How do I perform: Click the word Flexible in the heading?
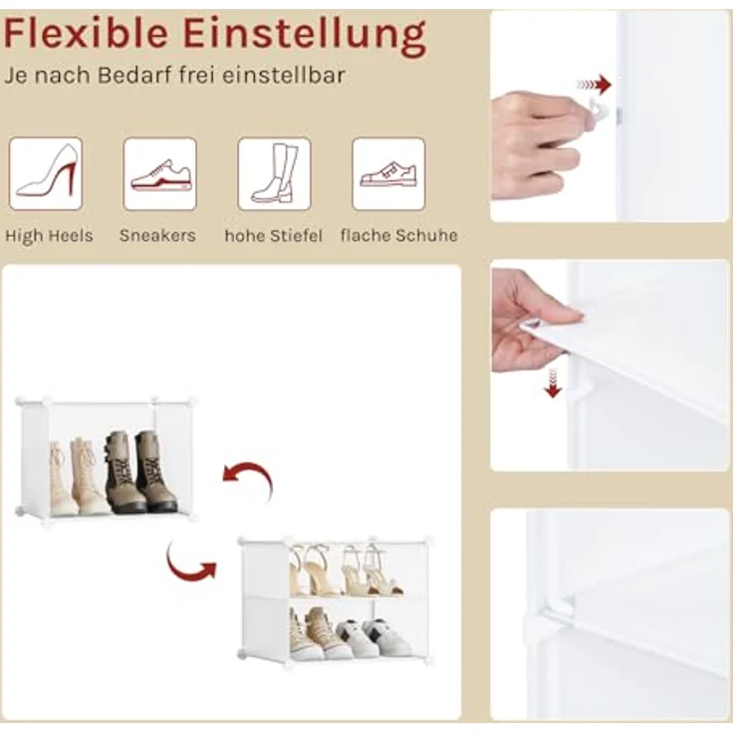86,33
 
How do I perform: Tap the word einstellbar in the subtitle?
283,76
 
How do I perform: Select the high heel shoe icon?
46,173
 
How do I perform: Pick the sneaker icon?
160,173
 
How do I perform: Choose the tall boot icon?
274,173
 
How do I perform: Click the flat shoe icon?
388,173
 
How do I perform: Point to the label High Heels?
49,236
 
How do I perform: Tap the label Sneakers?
157,235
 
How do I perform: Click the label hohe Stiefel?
274,235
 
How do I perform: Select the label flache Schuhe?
399,235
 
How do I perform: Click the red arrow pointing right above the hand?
594,85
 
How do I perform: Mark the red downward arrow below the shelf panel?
553,382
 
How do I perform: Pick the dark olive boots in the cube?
140,471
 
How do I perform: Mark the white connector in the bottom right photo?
552,619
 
